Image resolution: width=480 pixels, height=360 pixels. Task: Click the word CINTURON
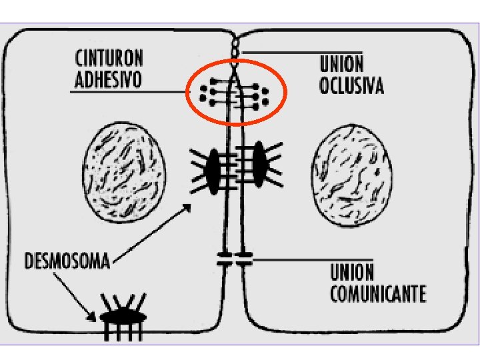(x=109, y=57)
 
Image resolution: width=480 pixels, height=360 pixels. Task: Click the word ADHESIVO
(x=109, y=80)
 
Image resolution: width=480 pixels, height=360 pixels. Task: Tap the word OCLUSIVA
(x=351, y=87)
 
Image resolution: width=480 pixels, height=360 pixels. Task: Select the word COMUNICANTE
(x=378, y=294)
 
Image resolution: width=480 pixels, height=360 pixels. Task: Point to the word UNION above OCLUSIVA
(x=342, y=65)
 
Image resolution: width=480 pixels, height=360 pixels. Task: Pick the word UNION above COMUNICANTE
(x=352, y=273)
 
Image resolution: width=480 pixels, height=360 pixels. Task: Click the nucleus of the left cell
(x=125, y=169)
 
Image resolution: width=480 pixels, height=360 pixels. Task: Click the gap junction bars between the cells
(x=234, y=259)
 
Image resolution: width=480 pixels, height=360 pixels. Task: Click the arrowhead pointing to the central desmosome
(x=187, y=208)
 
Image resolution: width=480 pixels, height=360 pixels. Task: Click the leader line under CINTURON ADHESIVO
(x=127, y=91)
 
